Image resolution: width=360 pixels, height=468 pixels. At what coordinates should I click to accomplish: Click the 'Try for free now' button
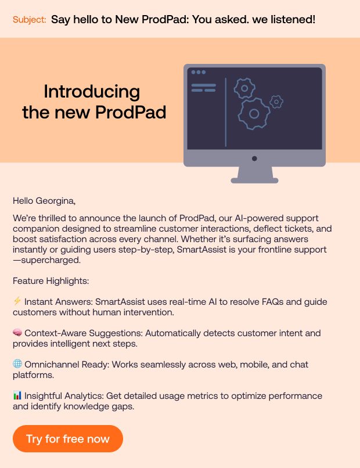(x=68, y=438)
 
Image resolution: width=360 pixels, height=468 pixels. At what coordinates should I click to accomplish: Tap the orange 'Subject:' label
(x=29, y=20)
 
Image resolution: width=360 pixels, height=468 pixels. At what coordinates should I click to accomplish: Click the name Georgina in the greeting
(x=55, y=201)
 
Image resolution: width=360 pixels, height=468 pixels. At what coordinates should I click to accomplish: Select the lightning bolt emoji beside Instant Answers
(x=17, y=301)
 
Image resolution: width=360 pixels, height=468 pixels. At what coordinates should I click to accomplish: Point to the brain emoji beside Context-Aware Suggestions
(x=17, y=333)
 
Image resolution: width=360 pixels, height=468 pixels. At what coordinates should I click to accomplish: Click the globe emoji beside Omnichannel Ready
(x=17, y=364)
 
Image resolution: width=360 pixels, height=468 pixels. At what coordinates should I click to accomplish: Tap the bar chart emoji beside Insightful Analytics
(x=17, y=395)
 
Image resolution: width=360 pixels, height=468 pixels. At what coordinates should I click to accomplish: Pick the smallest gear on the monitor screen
(x=277, y=102)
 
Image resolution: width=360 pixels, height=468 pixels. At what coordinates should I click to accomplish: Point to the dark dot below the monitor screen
(x=254, y=159)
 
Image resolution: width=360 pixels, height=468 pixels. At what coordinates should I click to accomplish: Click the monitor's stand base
(x=254, y=180)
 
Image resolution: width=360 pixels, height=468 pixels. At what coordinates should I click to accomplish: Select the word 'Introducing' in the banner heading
(x=92, y=92)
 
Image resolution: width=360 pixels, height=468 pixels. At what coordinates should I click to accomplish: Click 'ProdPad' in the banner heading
(x=134, y=112)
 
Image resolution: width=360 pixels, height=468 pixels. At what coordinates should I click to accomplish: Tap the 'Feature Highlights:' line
(x=51, y=281)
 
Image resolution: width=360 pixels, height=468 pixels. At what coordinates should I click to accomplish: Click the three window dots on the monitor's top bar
(x=199, y=72)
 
